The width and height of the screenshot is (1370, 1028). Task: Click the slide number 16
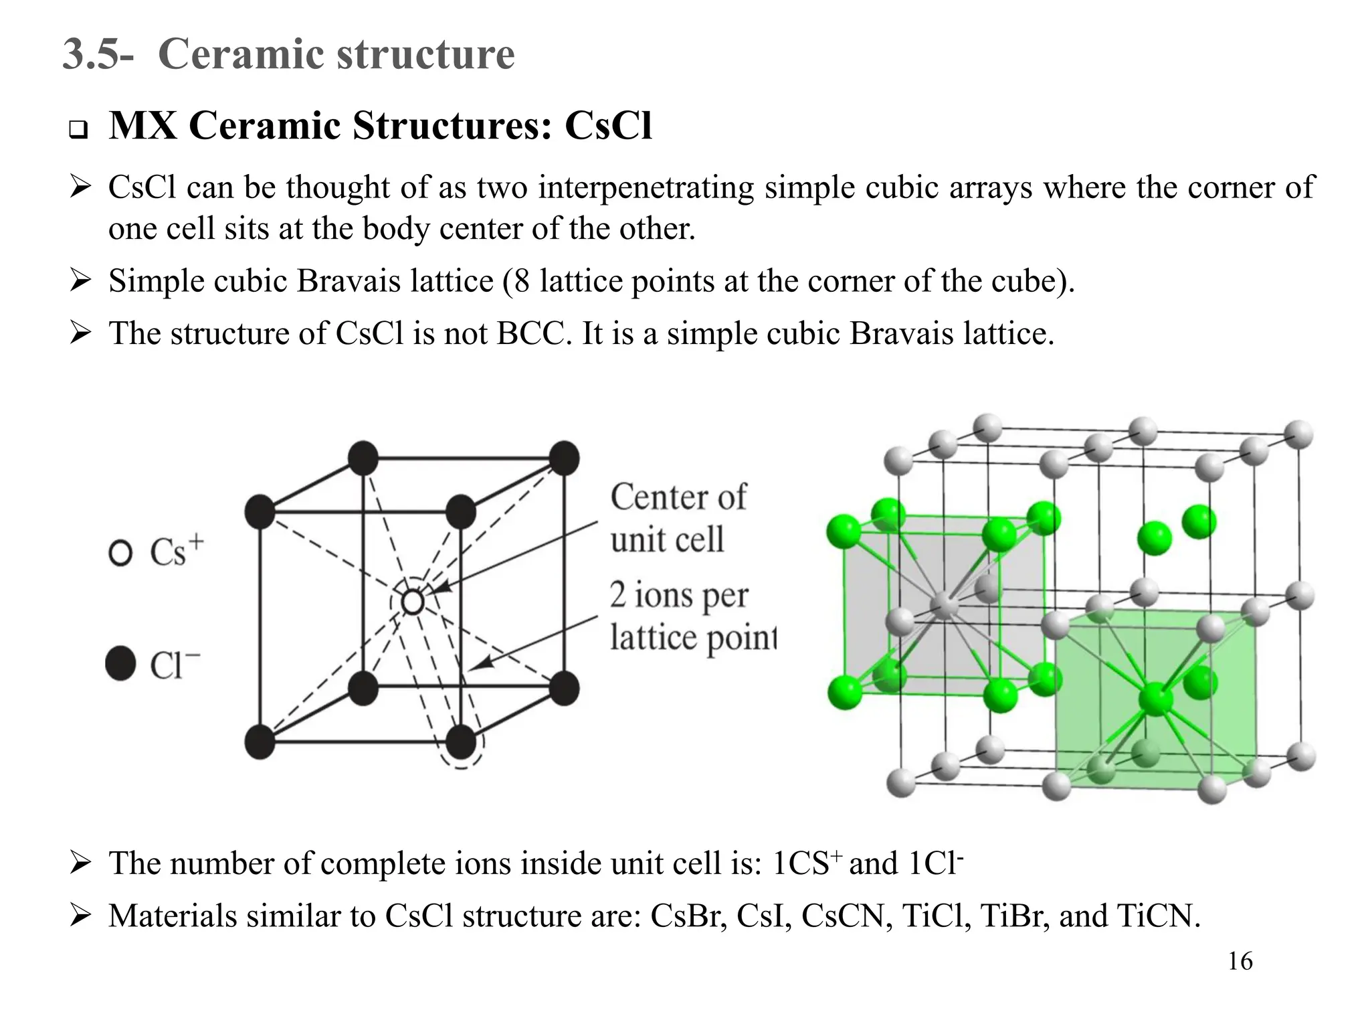[x=1240, y=962]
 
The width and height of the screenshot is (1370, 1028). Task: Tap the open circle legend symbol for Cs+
[x=120, y=553]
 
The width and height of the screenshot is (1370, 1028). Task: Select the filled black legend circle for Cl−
[x=121, y=663]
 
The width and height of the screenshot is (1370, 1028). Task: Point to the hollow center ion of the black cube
[x=413, y=602]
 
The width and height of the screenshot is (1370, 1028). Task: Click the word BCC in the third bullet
[x=530, y=333]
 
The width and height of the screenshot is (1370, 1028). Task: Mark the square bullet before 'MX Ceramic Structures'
[x=79, y=129]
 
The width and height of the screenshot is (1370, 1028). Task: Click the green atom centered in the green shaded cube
[x=1155, y=700]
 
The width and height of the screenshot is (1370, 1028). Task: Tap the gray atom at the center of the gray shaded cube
[x=945, y=605]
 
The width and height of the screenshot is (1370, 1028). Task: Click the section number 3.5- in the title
[x=98, y=54]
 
